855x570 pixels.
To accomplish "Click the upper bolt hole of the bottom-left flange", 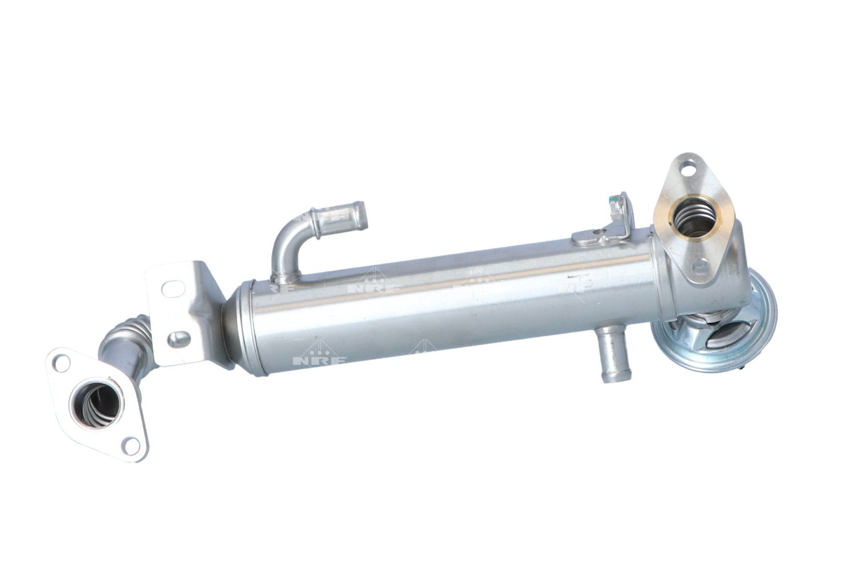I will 61,361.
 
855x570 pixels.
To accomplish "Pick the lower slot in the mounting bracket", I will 180,339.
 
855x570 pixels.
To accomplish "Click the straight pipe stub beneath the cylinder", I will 609,359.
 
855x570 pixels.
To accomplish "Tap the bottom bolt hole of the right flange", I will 702,265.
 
